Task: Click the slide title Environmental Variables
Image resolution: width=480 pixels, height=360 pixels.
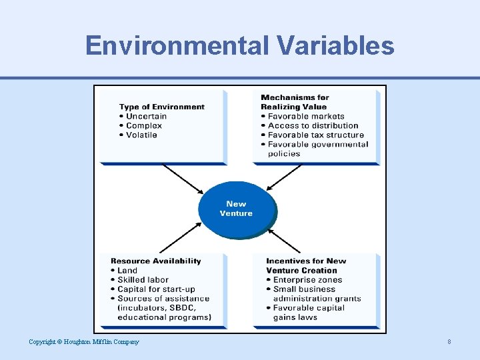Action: point(240,45)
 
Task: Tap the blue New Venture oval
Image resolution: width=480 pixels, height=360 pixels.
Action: point(236,209)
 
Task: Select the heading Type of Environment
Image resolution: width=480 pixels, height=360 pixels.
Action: point(162,107)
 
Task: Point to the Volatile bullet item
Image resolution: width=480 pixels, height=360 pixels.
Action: point(141,135)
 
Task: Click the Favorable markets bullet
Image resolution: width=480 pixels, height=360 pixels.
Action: point(306,116)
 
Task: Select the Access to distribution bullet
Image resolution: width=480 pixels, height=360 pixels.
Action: point(313,125)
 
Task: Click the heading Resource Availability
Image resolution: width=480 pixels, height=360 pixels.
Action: point(156,261)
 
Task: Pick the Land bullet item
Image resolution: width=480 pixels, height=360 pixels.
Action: point(127,270)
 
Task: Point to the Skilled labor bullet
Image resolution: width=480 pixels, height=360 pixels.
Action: point(143,279)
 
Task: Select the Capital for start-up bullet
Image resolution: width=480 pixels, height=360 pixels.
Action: point(156,289)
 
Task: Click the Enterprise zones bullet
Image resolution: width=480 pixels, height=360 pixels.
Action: point(307,279)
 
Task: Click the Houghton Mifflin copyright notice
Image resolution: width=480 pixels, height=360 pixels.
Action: point(84,342)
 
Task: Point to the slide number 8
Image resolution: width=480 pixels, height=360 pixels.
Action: point(449,342)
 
